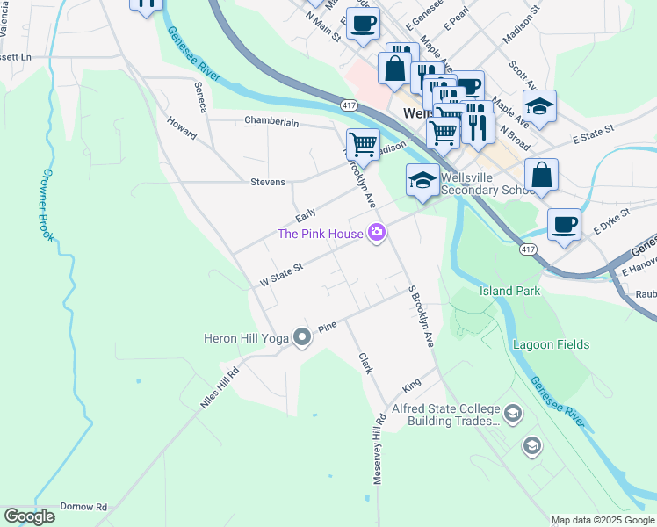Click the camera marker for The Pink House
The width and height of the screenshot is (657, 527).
[x=378, y=233]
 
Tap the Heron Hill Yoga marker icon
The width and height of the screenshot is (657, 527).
[x=302, y=337]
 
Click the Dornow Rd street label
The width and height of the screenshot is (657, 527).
[x=83, y=507]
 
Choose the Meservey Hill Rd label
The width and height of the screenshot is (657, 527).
[x=379, y=448]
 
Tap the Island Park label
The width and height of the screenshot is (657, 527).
[x=509, y=291]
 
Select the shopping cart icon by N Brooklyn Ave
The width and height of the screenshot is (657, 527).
[x=363, y=142]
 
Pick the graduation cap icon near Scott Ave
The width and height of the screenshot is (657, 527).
[x=540, y=105]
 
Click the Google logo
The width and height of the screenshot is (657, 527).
[x=29, y=516]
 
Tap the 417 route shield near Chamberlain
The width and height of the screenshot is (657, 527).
[x=349, y=105]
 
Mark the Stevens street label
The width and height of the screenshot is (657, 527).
[x=268, y=182]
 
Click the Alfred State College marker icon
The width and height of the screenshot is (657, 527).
[x=513, y=412]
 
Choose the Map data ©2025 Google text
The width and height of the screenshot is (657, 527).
[x=603, y=520]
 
